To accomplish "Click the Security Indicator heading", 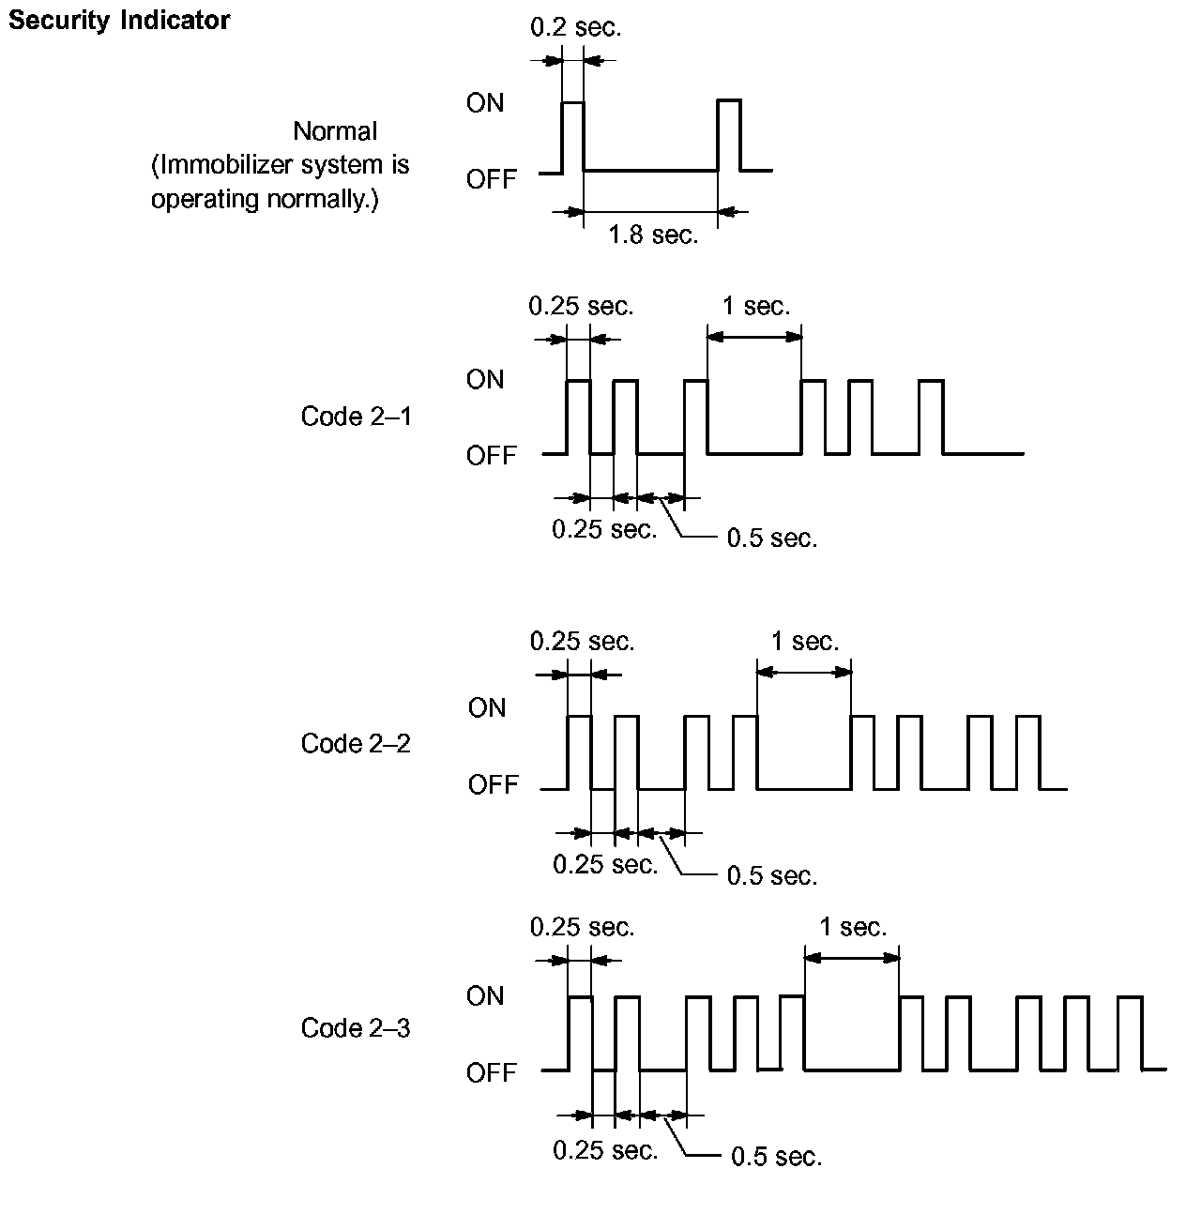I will tap(119, 21).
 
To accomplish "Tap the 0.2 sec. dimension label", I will tap(575, 28).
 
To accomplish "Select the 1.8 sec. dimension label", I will tap(653, 235).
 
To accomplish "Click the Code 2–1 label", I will tap(356, 417).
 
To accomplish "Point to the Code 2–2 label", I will tap(356, 744).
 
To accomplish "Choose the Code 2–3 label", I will tap(356, 1028).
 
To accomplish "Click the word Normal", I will tap(335, 131).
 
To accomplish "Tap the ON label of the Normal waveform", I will tap(484, 103).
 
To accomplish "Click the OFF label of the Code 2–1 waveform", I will tap(491, 456).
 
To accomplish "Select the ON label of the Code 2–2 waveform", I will tap(486, 708).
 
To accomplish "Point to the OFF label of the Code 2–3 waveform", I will tap(491, 1073).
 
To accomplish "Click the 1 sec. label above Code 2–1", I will tap(755, 307).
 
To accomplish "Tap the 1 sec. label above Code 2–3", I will tap(852, 928).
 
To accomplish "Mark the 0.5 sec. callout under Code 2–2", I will tap(772, 876).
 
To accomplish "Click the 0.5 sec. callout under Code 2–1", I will tap(772, 539).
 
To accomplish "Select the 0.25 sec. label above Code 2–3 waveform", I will tap(582, 928).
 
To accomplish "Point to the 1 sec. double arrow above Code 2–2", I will tap(804, 672).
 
